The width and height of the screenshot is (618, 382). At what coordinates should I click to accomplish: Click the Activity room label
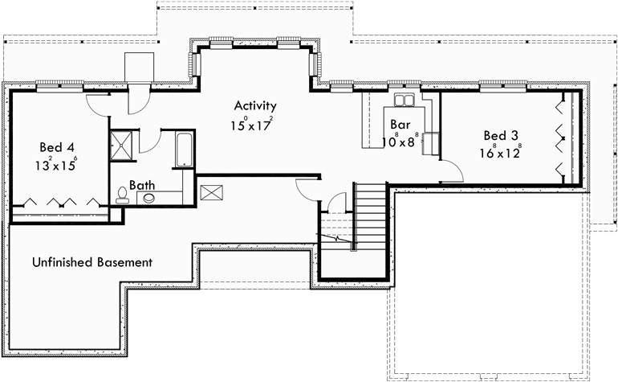tap(255, 105)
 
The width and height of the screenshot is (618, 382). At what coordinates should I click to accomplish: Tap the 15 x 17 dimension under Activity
tap(252, 124)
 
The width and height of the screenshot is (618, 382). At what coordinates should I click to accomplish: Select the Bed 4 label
tap(57, 147)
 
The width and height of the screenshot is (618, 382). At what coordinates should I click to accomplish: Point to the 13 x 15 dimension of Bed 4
tap(56, 165)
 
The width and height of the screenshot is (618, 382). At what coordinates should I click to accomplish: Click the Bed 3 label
tap(499, 135)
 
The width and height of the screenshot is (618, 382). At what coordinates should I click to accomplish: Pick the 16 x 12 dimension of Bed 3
tap(501, 153)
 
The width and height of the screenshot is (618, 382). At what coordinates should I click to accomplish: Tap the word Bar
tap(400, 125)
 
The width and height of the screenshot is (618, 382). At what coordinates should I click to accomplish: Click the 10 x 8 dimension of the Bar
tap(400, 142)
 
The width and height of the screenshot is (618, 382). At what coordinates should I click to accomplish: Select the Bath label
tap(144, 185)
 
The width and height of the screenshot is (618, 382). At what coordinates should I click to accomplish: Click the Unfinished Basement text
tap(92, 262)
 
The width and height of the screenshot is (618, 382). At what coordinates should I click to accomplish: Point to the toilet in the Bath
tap(122, 193)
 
